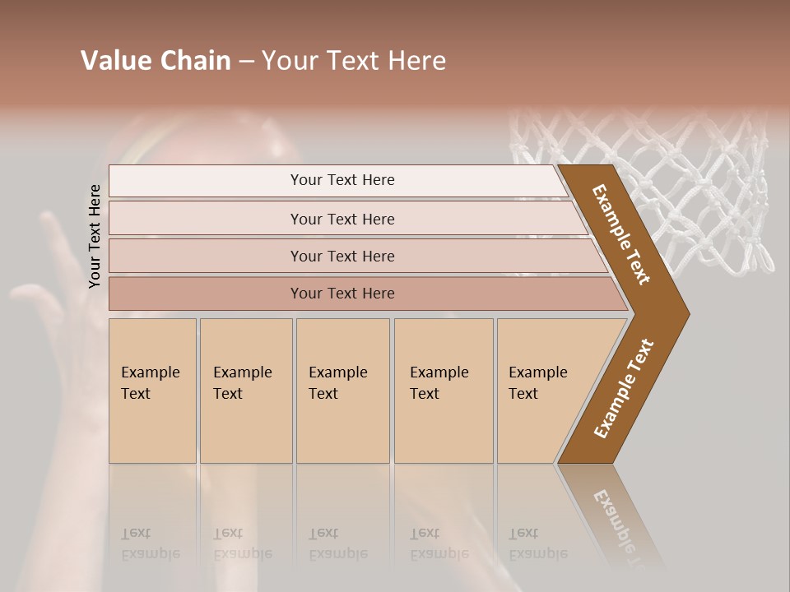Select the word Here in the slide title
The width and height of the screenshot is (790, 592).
[416, 61]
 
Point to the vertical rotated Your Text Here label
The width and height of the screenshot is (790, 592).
[95, 236]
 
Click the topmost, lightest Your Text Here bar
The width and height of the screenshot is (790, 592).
[342, 180]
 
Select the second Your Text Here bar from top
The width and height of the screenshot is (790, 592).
[342, 219]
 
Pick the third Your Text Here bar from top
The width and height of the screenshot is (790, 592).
[342, 256]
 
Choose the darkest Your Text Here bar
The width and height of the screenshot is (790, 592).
[342, 294]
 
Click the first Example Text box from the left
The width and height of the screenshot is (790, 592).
[152, 391]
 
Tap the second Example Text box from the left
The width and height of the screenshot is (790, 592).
[245, 391]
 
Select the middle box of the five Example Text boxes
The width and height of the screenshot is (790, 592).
[342, 391]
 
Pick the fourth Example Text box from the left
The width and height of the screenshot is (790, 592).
[443, 391]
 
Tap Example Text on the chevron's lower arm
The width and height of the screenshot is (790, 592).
[624, 388]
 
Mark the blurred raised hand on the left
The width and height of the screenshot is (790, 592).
[49, 280]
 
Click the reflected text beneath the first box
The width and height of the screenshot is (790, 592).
[150, 543]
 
